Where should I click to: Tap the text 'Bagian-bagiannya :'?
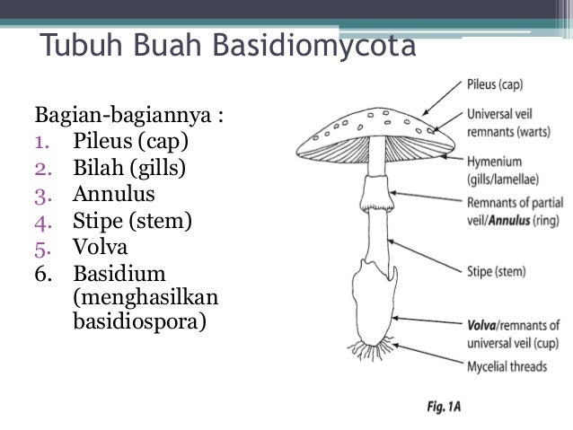129,116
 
